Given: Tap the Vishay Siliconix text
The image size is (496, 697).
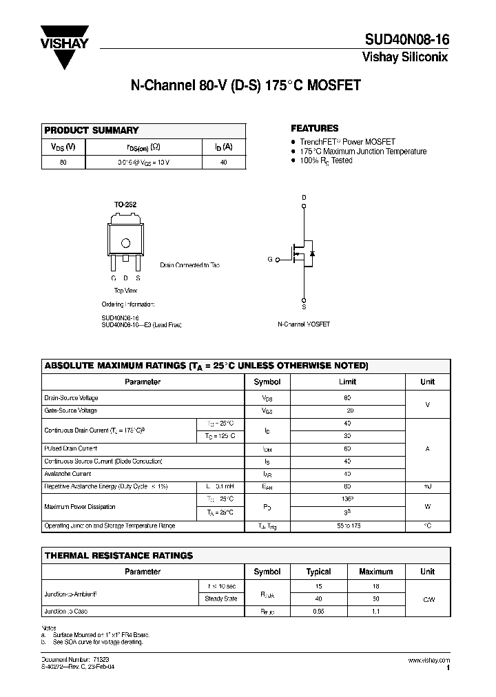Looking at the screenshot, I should [x=405, y=58].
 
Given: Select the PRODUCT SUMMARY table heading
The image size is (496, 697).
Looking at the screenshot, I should [x=92, y=130].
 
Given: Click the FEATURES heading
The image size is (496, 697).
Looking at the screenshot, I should [x=314, y=128].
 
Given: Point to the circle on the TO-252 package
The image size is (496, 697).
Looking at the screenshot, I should [x=126, y=242].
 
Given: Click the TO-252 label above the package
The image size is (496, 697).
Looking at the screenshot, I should [x=125, y=205].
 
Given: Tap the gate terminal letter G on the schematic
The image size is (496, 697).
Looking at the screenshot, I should [x=270, y=260].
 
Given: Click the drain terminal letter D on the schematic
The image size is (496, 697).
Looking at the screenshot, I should [x=304, y=197].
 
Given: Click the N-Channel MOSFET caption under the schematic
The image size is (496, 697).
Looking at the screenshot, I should [x=304, y=324].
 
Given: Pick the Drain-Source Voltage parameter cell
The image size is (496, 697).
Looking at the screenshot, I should [x=72, y=398].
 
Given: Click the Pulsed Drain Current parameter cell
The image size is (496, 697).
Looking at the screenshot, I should [x=71, y=448].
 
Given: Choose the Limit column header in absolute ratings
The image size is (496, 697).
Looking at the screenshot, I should [x=347, y=382].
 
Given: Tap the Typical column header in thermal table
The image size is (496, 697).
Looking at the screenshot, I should [x=318, y=572].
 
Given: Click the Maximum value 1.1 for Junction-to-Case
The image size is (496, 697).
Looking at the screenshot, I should [x=376, y=611].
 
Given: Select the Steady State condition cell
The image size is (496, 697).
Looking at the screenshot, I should [x=221, y=599].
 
